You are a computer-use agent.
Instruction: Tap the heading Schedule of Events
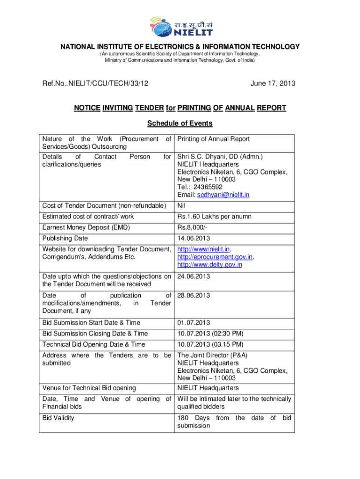(180, 123)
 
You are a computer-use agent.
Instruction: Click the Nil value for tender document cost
(181, 206)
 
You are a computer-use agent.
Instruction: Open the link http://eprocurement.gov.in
(215, 257)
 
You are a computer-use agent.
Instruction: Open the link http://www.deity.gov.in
(209, 264)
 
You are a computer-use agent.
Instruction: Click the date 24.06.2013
(194, 276)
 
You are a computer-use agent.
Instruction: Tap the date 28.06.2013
(194, 296)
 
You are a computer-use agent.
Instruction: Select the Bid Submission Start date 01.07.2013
(194, 323)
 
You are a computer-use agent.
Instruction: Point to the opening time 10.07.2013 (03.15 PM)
(210, 344)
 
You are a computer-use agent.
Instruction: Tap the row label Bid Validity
(58, 418)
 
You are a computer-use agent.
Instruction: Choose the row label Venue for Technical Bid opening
(89, 388)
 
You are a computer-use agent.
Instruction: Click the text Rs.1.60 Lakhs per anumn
(214, 217)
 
